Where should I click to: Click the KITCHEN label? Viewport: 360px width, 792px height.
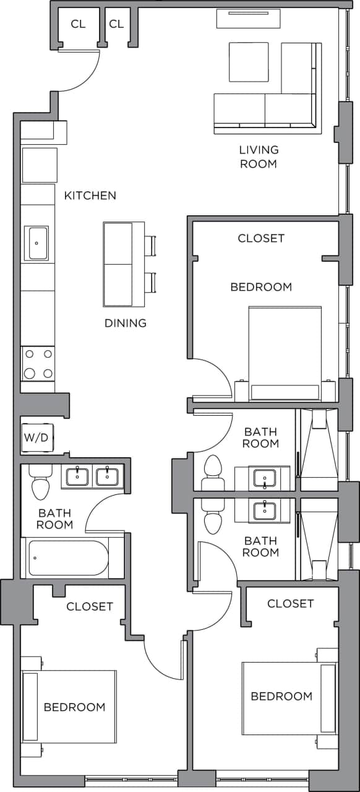coord(90,196)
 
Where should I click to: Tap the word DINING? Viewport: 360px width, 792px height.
coord(125,323)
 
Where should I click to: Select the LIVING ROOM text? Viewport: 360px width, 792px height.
coord(259,157)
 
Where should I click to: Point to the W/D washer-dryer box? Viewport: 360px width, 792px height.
coord(36,437)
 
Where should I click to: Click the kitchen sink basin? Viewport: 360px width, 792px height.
coord(36,243)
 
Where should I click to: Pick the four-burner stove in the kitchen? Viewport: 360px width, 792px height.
coord(38,363)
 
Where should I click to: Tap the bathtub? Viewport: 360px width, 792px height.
coord(68,558)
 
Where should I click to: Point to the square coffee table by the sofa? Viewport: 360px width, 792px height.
coord(249,62)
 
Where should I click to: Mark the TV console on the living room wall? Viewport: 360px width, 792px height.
coord(248,18)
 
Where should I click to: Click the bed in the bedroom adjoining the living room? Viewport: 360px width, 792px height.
coord(285,353)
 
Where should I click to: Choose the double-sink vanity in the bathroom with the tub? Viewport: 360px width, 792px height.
coord(92,477)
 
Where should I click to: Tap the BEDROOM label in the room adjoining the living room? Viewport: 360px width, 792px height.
coord(261,287)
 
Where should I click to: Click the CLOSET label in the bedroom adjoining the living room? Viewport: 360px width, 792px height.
coord(261,238)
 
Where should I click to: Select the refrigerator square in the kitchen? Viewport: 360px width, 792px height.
coord(40,165)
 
